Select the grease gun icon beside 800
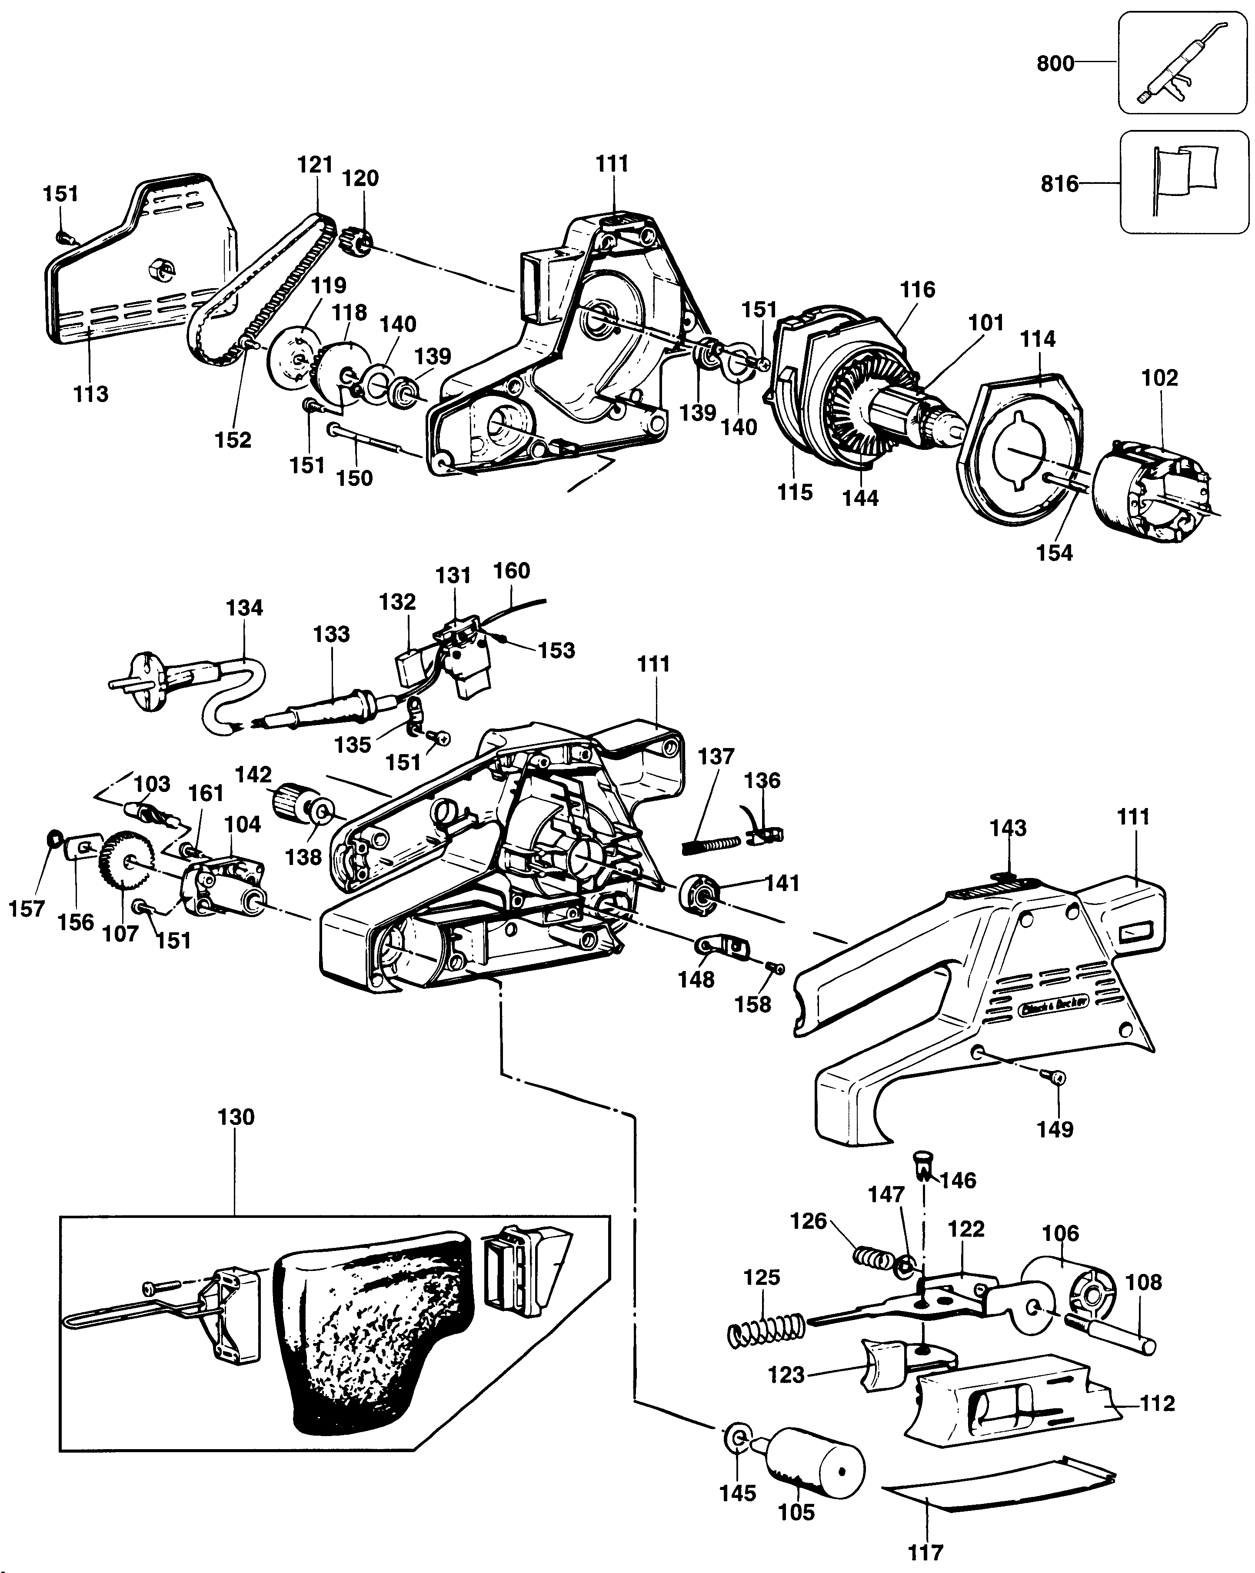tap(1182, 63)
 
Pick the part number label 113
tap(90, 394)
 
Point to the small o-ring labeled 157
tap(53, 838)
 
